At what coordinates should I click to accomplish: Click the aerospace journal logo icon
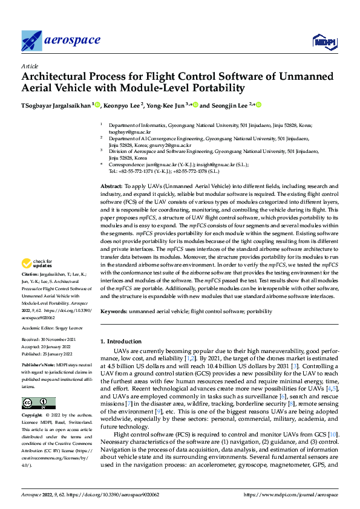[x=31, y=40]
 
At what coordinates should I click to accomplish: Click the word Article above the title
[x=29, y=66]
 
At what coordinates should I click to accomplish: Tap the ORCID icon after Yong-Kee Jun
[x=195, y=105]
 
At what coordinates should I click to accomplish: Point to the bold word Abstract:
[x=111, y=170]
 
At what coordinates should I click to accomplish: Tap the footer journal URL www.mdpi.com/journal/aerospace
[x=291, y=494]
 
